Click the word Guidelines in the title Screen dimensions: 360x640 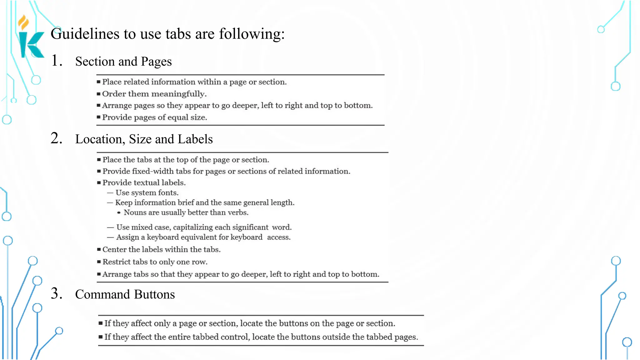[x=85, y=34]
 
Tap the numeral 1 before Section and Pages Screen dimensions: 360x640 [x=56, y=61]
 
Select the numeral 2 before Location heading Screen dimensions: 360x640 [x=57, y=138]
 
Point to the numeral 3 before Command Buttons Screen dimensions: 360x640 [x=57, y=293]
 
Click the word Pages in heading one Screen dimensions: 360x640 [x=156, y=62]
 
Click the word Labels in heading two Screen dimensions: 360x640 [x=195, y=139]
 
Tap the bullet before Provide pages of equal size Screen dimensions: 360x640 [x=98, y=117]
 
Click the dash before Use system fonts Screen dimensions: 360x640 [x=110, y=193]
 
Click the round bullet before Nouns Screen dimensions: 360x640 [x=119, y=213]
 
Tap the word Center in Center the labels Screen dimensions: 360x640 [x=114, y=249]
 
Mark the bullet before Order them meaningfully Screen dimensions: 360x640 [x=98, y=94]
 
